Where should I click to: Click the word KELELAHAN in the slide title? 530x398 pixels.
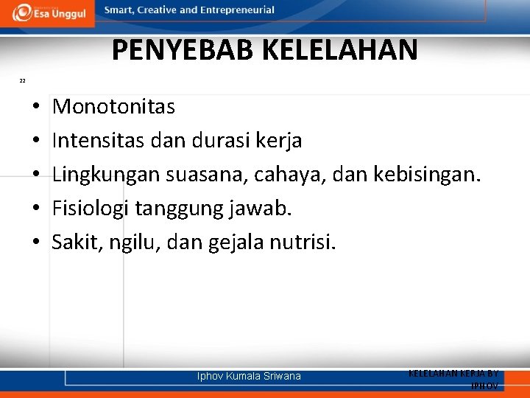click(339, 50)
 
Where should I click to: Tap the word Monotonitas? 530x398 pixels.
click(113, 108)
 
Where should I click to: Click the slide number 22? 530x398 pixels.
click(22, 80)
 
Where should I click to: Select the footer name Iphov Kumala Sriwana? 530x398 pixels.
click(249, 376)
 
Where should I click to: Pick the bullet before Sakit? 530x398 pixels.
click(36, 242)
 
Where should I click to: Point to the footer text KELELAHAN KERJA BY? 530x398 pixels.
click(453, 374)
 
